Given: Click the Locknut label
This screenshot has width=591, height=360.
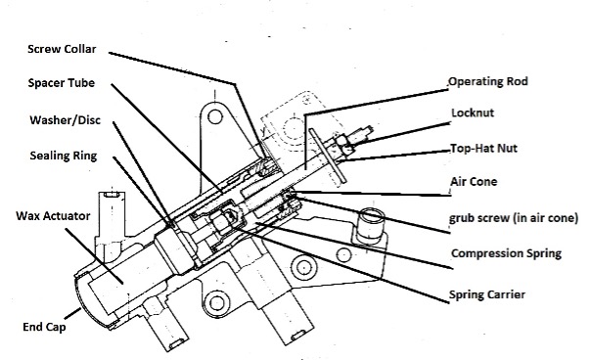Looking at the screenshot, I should point(475,112).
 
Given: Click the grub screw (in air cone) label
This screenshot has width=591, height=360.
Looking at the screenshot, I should point(513,217).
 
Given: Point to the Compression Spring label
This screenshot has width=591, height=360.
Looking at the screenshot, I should point(506,252).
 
